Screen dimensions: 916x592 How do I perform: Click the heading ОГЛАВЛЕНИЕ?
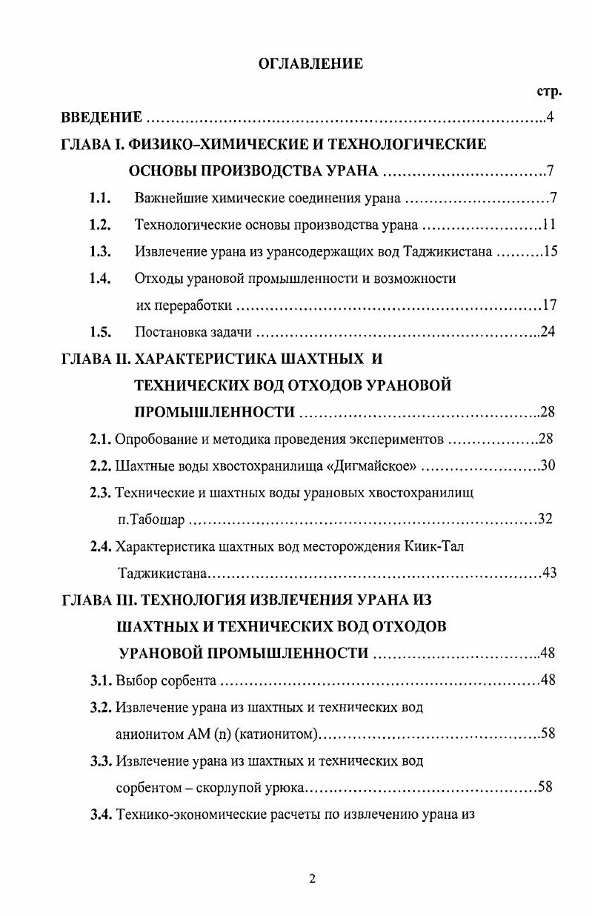tap(310, 64)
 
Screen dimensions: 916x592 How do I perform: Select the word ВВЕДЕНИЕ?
tap(101, 117)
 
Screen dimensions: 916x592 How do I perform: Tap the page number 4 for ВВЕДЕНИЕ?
tap(550, 116)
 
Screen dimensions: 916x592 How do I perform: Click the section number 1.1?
tap(100, 198)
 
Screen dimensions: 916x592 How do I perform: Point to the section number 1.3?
tap(100, 251)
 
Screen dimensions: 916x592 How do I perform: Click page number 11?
tap(548, 225)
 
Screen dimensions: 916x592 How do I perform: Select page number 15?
tap(549, 251)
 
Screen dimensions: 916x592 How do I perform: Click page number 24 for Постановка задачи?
tap(548, 331)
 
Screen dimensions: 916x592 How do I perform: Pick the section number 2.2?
tap(101, 465)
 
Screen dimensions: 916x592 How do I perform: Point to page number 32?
tap(545, 519)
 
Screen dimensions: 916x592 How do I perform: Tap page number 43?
tap(549, 573)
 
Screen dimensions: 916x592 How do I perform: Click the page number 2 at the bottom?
tap(312, 879)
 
